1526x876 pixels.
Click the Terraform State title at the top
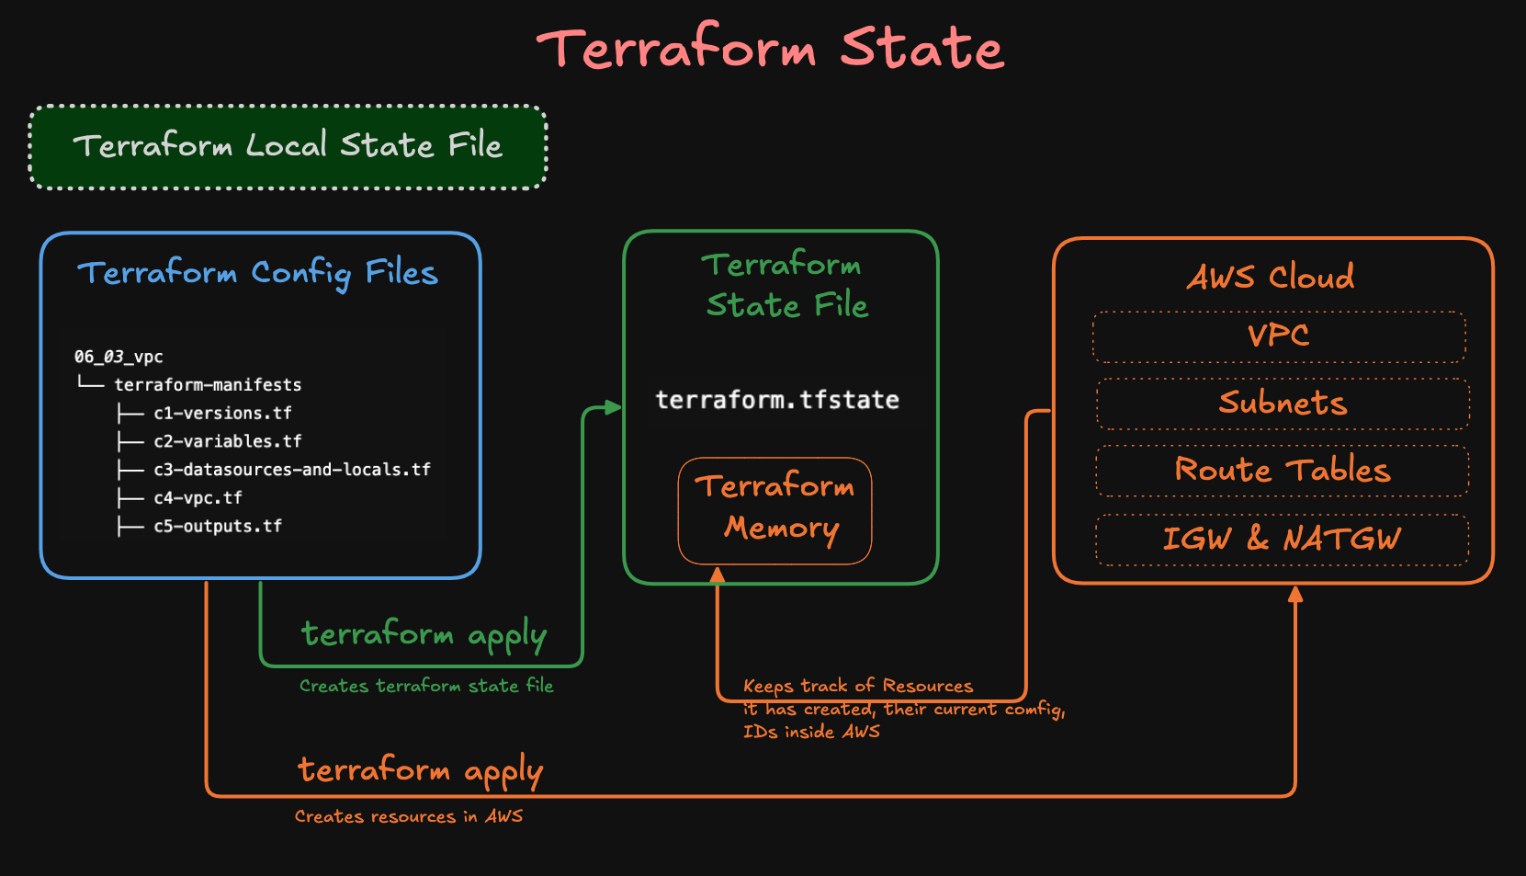tap(770, 48)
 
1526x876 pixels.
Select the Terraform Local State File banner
tap(288, 146)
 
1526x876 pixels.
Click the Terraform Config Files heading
tap(258, 273)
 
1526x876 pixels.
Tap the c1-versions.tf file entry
tap(222, 414)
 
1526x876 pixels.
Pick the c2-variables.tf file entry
tap(227, 442)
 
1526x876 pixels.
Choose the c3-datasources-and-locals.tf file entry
tap(291, 470)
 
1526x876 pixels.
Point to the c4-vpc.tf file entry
tap(198, 498)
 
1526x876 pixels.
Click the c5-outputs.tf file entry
tap(218, 527)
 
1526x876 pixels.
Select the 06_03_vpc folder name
tap(119, 357)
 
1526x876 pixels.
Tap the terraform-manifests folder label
tap(208, 385)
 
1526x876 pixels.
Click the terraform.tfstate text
tap(777, 400)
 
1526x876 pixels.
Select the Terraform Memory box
tap(775, 510)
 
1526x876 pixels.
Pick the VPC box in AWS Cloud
tap(1279, 336)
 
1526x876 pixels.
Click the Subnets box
tap(1283, 404)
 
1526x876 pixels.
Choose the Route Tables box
tap(1283, 471)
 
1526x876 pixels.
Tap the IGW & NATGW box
tap(1283, 540)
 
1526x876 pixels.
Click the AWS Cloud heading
tap(1271, 277)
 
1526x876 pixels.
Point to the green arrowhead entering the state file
tap(613, 407)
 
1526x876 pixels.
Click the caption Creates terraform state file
tap(426, 686)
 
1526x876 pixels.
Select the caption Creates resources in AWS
tap(409, 816)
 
